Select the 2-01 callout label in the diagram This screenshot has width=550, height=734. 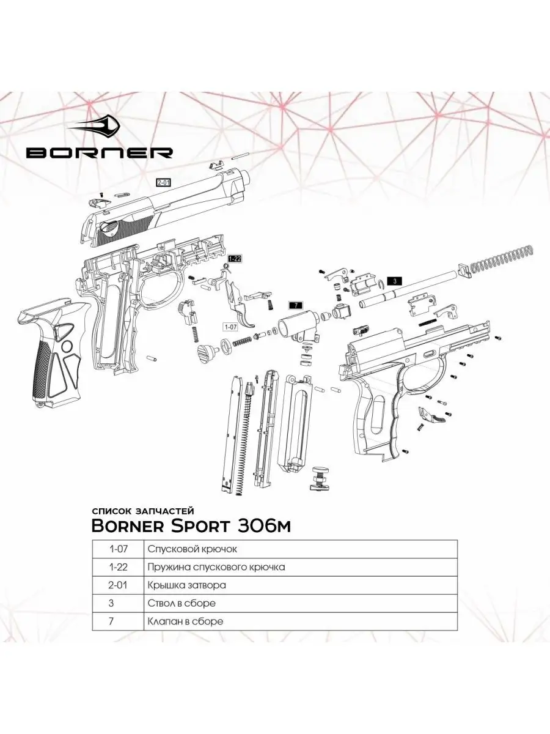tap(164, 182)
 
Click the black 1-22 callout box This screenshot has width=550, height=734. tap(235, 259)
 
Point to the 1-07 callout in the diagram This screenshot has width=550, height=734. tap(231, 326)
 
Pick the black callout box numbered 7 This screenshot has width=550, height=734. tap(295, 305)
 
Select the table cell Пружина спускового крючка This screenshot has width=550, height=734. tap(216, 567)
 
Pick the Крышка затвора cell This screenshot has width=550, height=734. tap(186, 585)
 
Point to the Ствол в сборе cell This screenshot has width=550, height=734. tap(182, 603)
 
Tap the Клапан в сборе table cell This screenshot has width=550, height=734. tap(185, 621)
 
